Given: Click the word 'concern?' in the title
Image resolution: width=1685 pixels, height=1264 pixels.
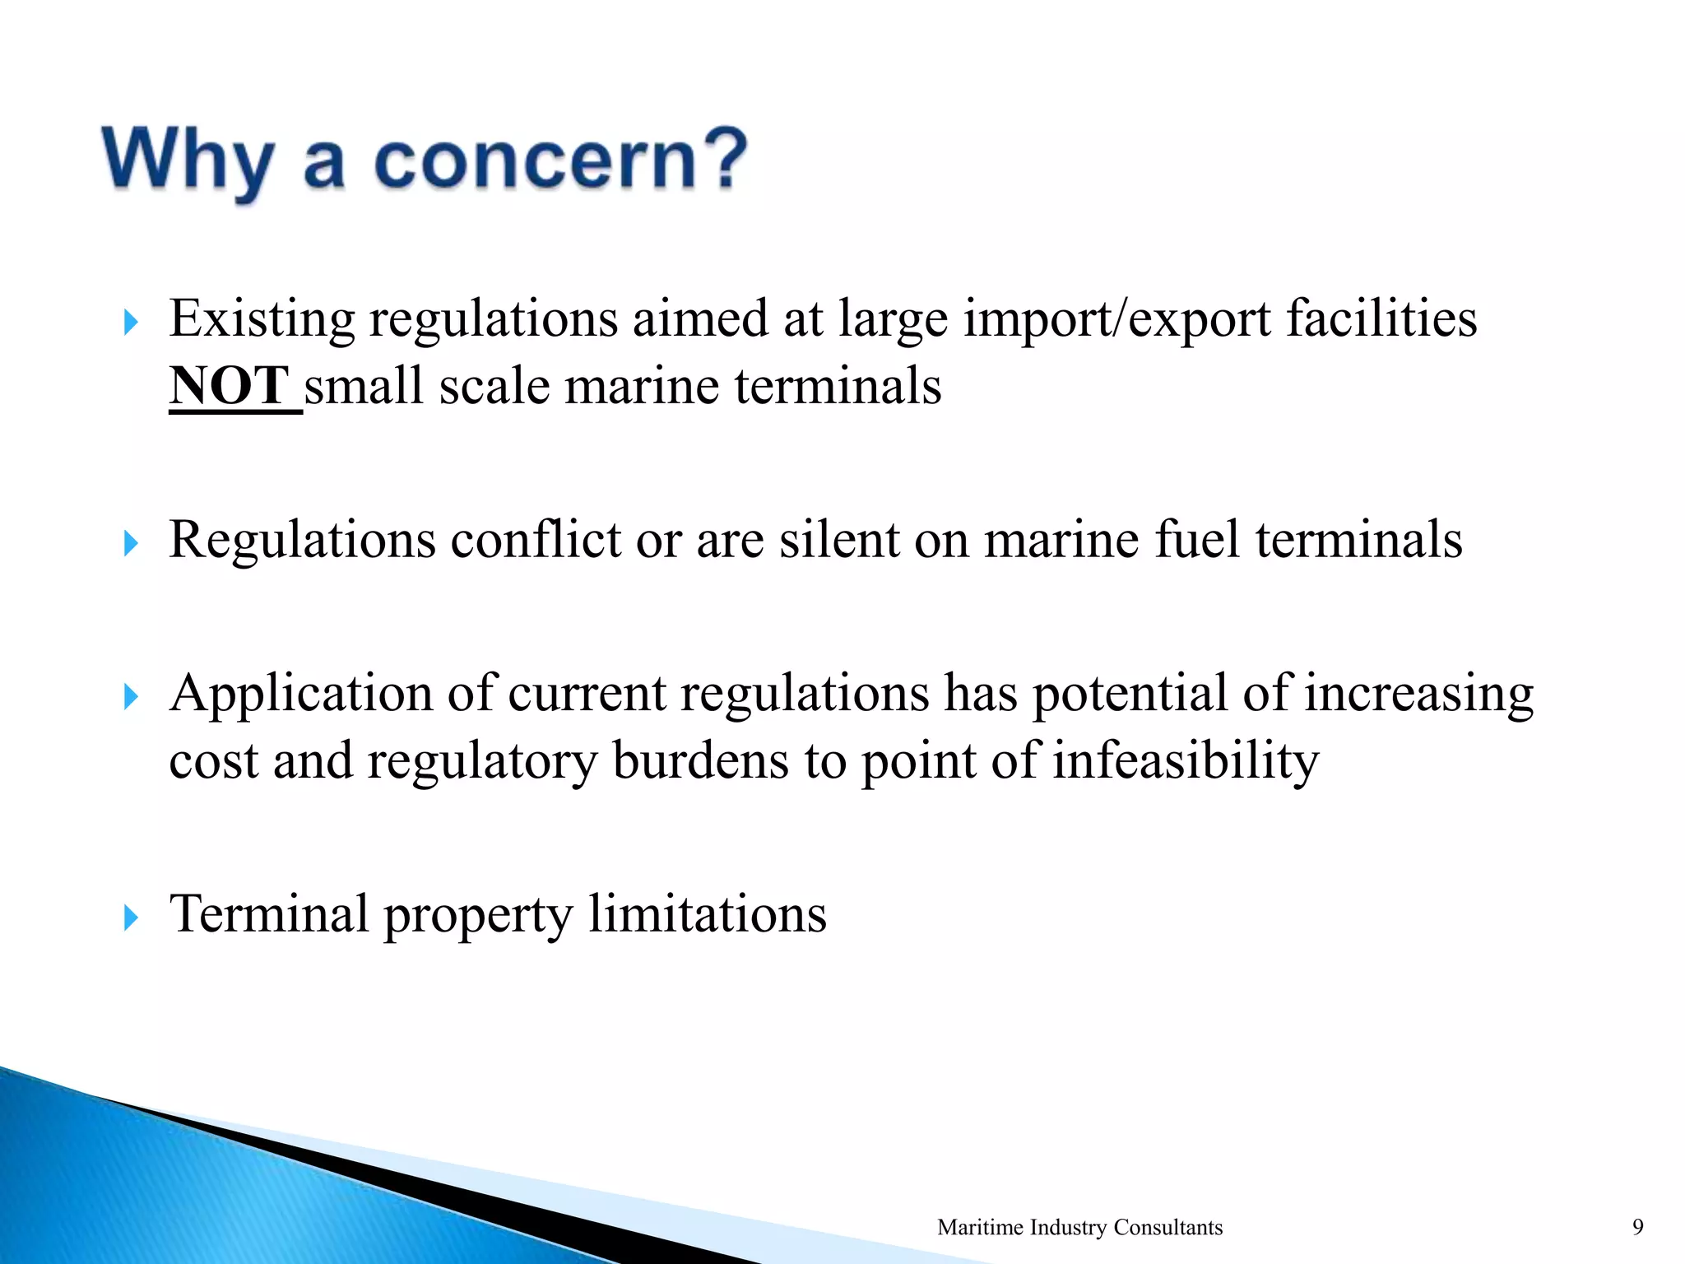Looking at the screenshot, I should tap(560, 160).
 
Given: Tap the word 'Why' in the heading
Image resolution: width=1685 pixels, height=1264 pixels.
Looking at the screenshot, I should tap(188, 161).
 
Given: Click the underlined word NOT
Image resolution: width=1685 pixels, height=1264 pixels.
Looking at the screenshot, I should tap(230, 386).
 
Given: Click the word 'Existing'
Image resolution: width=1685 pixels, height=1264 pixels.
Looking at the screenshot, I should tap(262, 319).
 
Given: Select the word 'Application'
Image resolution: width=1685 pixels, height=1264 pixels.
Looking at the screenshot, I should tap(300, 693).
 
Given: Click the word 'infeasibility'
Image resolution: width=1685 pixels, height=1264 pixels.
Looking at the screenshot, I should tap(1186, 760).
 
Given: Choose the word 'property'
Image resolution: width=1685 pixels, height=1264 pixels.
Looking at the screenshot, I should tap(478, 915).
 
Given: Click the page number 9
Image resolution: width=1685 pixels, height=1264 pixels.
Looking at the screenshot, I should tap(1637, 1227).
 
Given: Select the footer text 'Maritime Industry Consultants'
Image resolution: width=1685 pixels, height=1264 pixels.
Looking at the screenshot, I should tap(1079, 1227).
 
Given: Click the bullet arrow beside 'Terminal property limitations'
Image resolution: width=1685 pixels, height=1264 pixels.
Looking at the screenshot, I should tap(130, 917).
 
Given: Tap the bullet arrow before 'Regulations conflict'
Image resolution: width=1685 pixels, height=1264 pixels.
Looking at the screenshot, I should tap(130, 543).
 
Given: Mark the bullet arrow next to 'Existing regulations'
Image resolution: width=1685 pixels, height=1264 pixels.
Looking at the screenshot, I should tap(130, 323).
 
